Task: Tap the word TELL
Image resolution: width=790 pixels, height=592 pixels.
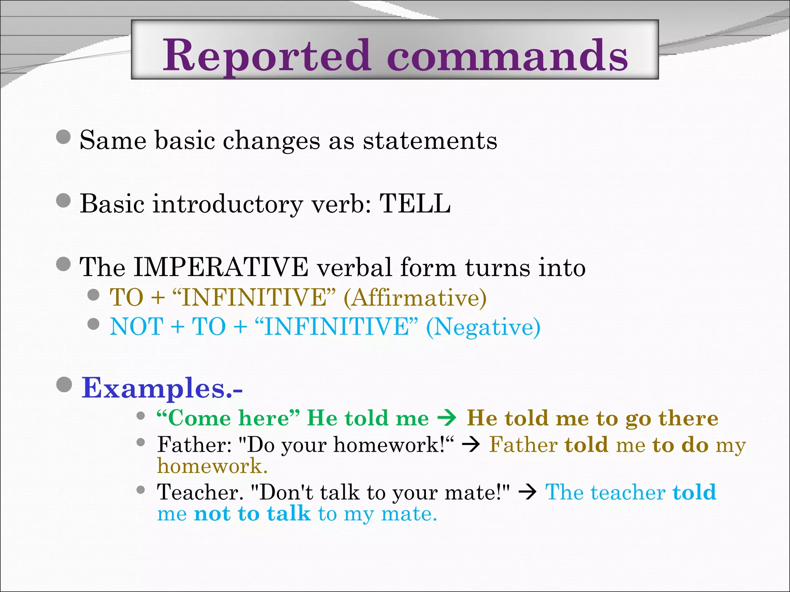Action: tap(415, 203)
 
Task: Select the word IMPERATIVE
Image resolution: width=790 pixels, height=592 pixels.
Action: tap(221, 267)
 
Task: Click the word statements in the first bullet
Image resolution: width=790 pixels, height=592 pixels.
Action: tap(430, 140)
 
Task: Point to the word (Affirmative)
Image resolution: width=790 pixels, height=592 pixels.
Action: tap(415, 298)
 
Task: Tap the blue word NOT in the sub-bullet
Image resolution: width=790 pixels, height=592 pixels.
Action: tap(137, 327)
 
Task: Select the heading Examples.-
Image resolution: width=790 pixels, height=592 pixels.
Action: tap(162, 388)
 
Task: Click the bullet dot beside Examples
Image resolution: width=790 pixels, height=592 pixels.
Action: tap(64, 385)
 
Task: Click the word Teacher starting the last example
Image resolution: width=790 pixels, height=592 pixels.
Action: tap(200, 493)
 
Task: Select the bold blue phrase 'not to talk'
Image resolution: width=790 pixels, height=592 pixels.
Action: tap(252, 514)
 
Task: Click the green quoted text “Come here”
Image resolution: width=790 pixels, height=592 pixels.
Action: tap(228, 418)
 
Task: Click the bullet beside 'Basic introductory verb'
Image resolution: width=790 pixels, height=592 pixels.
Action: tap(63, 200)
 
